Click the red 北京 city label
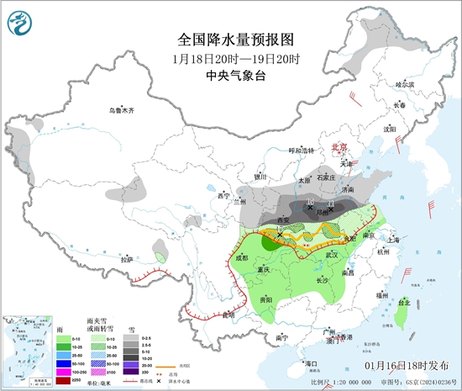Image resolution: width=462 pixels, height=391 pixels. pyautogui.click(x=339, y=145)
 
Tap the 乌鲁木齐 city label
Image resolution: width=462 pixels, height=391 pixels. pyautogui.click(x=122, y=111)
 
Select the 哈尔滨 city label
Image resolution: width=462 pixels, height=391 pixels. pyautogui.click(x=405, y=84)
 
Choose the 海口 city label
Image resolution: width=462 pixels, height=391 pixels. pyautogui.click(x=312, y=362)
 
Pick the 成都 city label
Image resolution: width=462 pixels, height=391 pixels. pyautogui.click(x=244, y=258)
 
